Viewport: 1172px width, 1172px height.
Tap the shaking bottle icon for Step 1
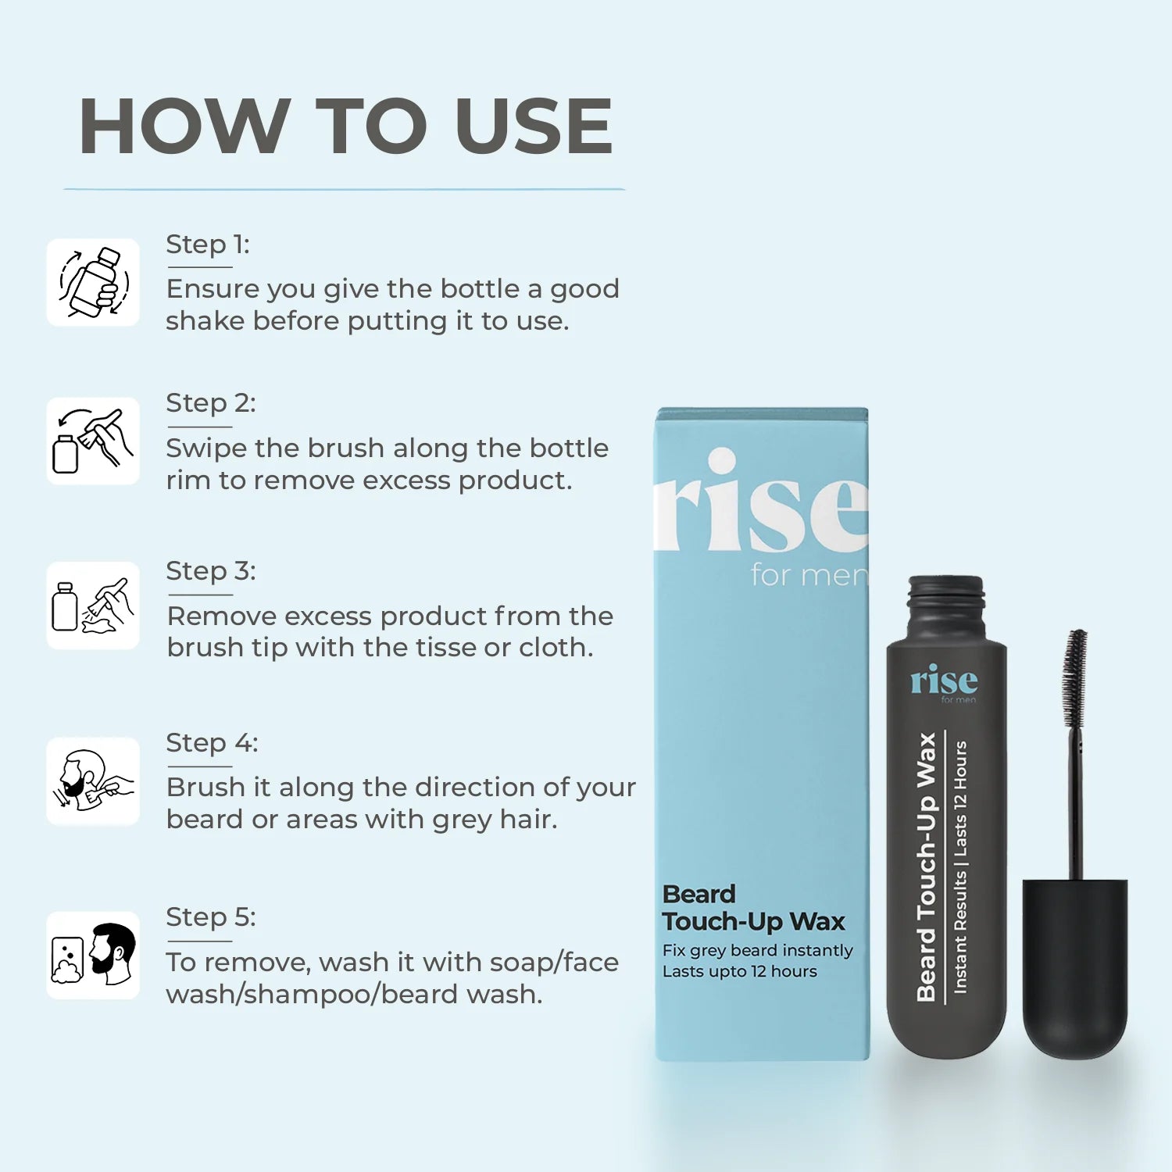tap(93, 282)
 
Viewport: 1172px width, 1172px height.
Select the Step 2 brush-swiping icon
tap(93, 441)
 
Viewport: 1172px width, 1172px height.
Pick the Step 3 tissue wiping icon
tap(93, 606)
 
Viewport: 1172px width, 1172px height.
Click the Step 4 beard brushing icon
tap(93, 781)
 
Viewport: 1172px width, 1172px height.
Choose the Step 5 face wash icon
tap(93, 955)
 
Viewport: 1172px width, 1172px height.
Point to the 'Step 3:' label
tap(211, 571)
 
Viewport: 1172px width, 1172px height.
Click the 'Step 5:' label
tap(211, 917)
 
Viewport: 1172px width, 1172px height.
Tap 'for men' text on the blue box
tap(809, 575)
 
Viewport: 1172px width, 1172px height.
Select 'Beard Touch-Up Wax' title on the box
tap(753, 908)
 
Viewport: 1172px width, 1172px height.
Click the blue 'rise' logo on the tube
tap(944, 681)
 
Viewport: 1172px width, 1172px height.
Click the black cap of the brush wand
tap(1075, 969)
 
